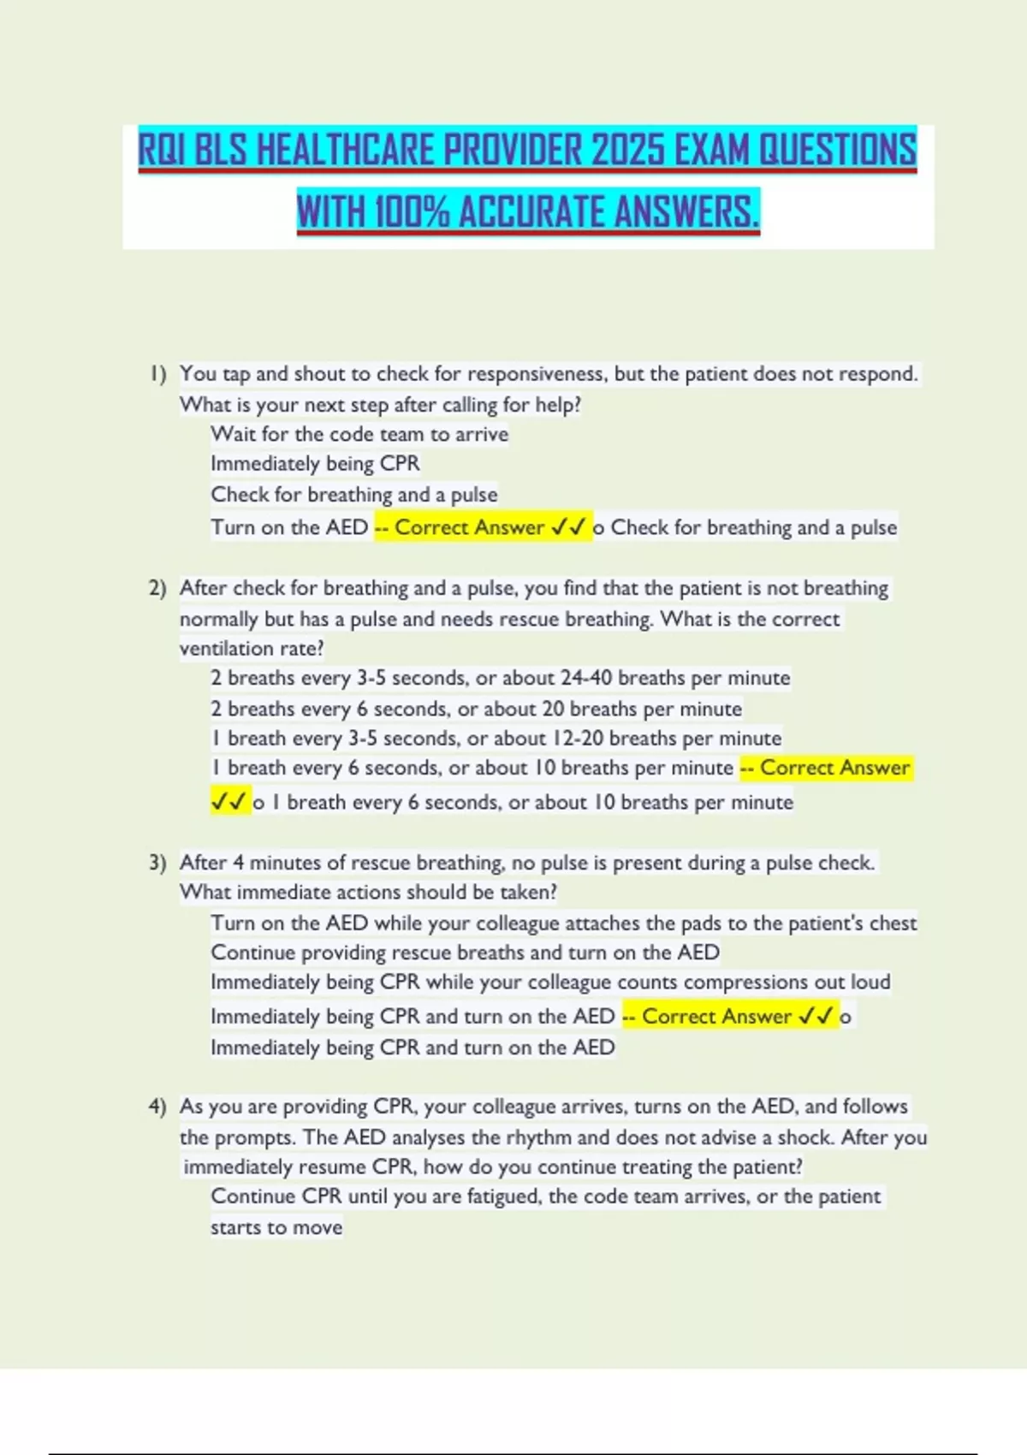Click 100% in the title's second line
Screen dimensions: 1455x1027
412,212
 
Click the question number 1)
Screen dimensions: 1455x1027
157,374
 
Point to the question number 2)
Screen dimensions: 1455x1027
157,589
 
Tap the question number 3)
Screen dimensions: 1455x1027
157,863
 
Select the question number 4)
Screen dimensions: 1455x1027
157,1107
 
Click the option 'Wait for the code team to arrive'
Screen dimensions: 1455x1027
359,435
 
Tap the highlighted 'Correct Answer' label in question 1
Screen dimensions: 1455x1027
469,527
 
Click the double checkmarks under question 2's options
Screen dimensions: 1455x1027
229,802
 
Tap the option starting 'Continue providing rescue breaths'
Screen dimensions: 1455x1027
465,953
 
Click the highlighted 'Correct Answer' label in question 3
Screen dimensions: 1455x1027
716,1016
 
